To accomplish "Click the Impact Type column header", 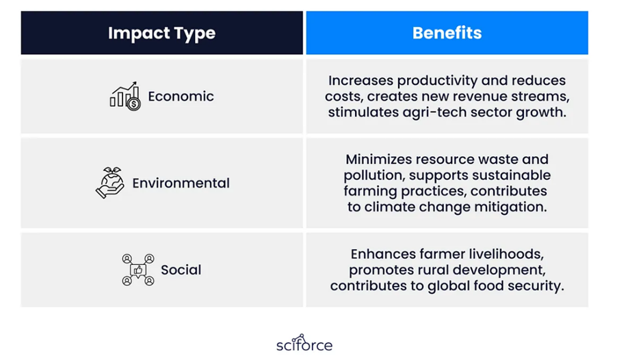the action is (161, 33).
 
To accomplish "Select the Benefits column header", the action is (447, 33).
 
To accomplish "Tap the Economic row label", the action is (181, 97).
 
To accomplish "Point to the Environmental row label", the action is (181, 183).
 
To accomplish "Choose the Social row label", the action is (181, 270).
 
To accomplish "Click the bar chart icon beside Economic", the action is (125, 96).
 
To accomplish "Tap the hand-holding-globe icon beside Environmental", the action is (110, 183).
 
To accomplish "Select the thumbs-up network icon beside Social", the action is (137, 270).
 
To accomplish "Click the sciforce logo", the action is (304, 343).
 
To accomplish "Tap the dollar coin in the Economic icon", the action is (133, 104).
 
